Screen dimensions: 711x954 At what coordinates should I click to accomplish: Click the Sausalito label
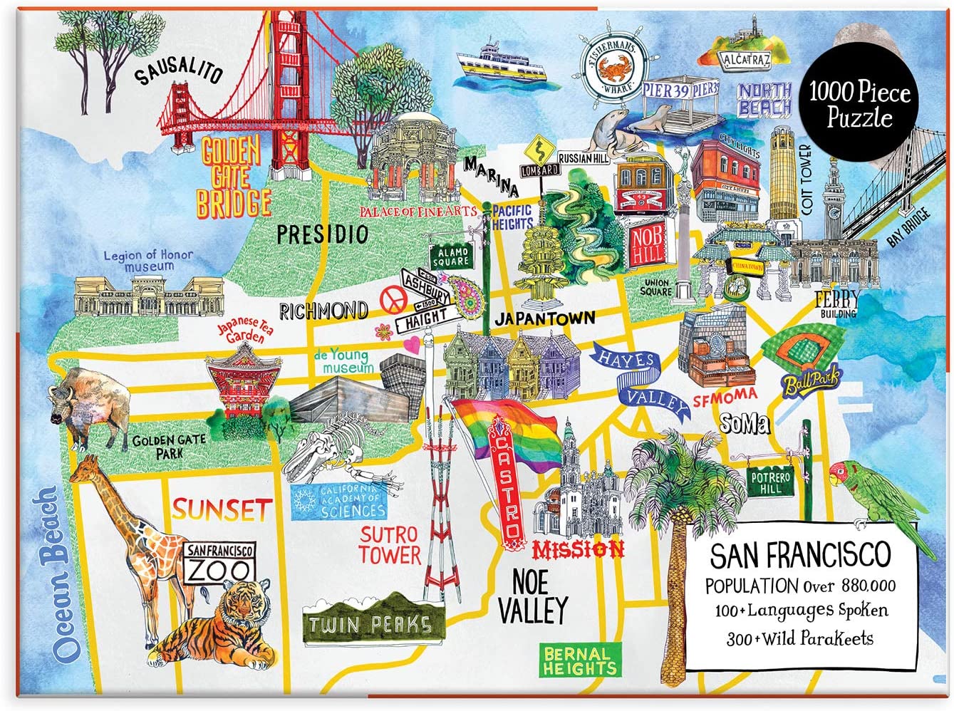pyautogui.click(x=180, y=71)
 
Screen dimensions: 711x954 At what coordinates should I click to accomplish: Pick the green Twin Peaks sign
pyautogui.click(x=369, y=624)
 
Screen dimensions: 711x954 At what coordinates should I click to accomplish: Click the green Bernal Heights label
pyautogui.click(x=578, y=660)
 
